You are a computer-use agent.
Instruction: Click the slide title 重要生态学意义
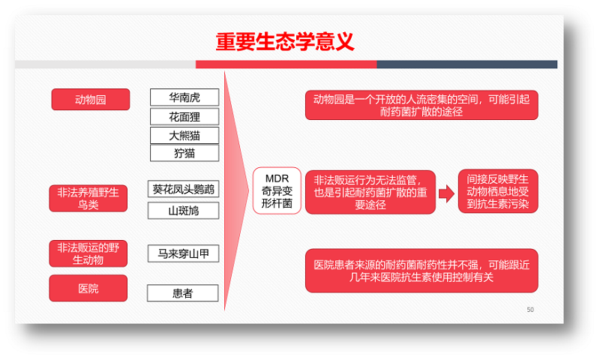pyautogui.click(x=285, y=41)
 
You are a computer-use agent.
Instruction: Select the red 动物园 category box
pyautogui.click(x=91, y=100)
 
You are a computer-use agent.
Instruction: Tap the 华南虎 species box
pyautogui.click(x=184, y=97)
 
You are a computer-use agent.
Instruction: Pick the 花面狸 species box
pyautogui.click(x=184, y=116)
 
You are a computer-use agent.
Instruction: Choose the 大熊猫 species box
pyautogui.click(x=184, y=135)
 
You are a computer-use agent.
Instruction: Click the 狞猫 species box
pyautogui.click(x=184, y=153)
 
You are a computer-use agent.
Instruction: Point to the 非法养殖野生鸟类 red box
pyautogui.click(x=88, y=198)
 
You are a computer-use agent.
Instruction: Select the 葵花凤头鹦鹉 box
pyautogui.click(x=183, y=189)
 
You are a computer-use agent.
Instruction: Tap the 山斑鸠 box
pyautogui.click(x=183, y=211)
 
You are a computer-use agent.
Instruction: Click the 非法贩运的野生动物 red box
pyautogui.click(x=88, y=253)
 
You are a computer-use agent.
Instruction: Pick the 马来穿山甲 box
pyautogui.click(x=183, y=253)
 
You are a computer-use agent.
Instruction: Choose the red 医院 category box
pyautogui.click(x=88, y=288)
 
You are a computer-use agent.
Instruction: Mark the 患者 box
pyautogui.click(x=182, y=293)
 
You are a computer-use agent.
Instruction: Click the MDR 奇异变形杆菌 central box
pyautogui.click(x=277, y=190)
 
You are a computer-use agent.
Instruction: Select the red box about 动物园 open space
pyautogui.click(x=421, y=105)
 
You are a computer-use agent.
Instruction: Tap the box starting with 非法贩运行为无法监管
pyautogui.click(x=370, y=192)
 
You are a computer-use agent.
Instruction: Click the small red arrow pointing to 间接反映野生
pyautogui.click(x=446, y=193)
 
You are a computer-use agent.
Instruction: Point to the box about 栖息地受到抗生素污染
pyautogui.click(x=498, y=191)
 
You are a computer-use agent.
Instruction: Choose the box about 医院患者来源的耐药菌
pyautogui.click(x=421, y=271)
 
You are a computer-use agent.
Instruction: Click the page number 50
pyautogui.click(x=530, y=310)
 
